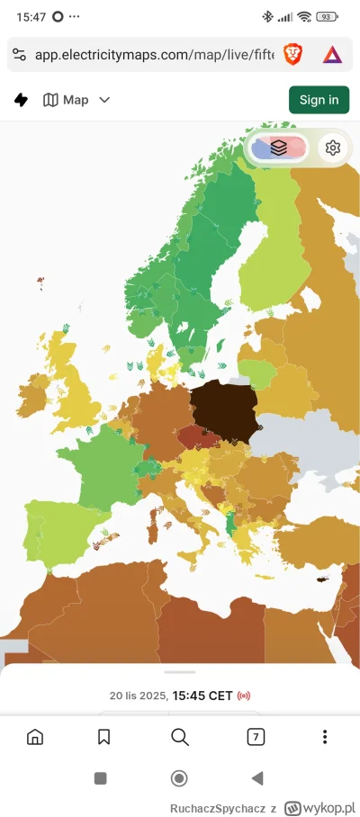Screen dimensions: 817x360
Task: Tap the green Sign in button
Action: click(x=319, y=100)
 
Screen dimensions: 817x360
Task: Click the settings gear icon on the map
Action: click(x=333, y=148)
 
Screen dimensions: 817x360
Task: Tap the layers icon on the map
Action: click(x=279, y=148)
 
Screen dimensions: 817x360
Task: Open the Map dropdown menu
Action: click(x=76, y=100)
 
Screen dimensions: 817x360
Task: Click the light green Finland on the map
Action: click(x=270, y=261)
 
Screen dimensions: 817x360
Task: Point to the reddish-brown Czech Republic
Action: click(x=199, y=439)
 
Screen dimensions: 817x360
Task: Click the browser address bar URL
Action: click(x=153, y=55)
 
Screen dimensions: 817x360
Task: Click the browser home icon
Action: click(x=35, y=738)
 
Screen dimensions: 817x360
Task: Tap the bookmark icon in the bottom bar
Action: click(x=104, y=738)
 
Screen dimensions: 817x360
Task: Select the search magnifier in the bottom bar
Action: click(x=179, y=738)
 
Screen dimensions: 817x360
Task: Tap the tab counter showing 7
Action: click(x=256, y=738)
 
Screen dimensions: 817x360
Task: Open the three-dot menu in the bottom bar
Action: click(x=325, y=738)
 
